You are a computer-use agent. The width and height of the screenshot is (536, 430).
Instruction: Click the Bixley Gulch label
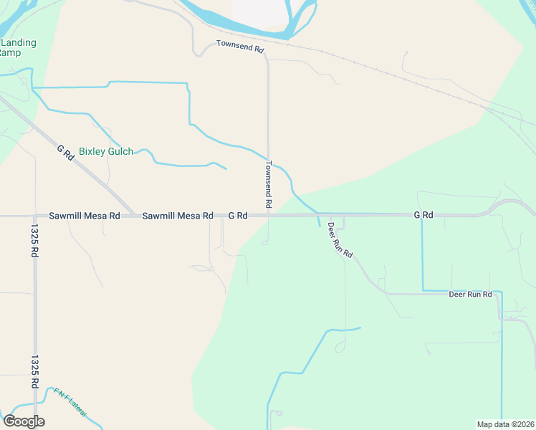[106, 151]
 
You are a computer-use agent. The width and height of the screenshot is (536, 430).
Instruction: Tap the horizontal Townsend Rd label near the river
[240, 44]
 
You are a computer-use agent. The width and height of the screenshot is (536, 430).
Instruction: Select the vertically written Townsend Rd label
[268, 184]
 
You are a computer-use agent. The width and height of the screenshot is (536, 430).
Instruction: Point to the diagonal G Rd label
[65, 153]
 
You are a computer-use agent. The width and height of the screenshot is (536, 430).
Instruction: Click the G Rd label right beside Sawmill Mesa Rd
[238, 215]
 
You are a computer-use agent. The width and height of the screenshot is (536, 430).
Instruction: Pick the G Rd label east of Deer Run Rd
[423, 215]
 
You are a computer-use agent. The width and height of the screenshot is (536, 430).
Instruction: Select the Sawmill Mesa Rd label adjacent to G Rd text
[178, 215]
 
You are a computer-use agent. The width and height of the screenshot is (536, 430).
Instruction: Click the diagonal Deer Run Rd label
[340, 239]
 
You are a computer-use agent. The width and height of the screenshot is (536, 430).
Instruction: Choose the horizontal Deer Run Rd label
[470, 295]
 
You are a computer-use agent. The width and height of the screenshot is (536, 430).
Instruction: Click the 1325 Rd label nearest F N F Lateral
[34, 371]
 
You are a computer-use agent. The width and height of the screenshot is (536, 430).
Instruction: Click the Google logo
[24, 421]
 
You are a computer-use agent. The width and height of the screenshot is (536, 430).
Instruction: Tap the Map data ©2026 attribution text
[504, 424]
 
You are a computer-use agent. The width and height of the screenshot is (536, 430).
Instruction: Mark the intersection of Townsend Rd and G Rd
[269, 215]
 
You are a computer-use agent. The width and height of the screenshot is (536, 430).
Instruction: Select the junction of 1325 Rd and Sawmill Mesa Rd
[34, 215]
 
